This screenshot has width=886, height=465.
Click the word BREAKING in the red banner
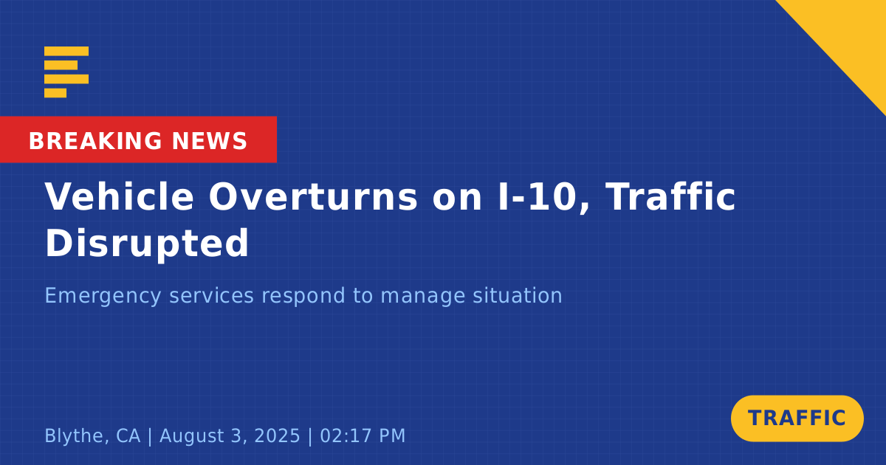pyautogui.click(x=95, y=141)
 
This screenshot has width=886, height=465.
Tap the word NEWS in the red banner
pyautogui.click(x=210, y=141)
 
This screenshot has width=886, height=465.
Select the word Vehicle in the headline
pyautogui.click(x=119, y=196)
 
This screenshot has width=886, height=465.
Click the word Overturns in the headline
pyautogui.click(x=313, y=196)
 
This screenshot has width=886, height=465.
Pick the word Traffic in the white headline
pyautogui.click(x=670, y=196)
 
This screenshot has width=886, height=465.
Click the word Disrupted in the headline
pyautogui.click(x=147, y=244)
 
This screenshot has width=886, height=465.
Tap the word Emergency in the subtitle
pyautogui.click(x=103, y=296)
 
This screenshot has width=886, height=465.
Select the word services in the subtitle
pyautogui.click(x=212, y=296)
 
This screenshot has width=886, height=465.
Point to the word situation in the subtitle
pyautogui.click(x=518, y=295)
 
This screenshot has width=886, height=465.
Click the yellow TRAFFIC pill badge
pyautogui.click(x=797, y=418)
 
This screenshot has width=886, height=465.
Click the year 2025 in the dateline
pyautogui.click(x=277, y=435)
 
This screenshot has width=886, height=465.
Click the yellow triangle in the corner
pyautogui.click(x=851, y=35)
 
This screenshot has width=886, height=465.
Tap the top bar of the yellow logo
pyautogui.click(x=66, y=51)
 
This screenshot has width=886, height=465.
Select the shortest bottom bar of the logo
pyautogui.click(x=55, y=92)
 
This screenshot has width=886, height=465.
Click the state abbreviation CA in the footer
pyautogui.click(x=128, y=435)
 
